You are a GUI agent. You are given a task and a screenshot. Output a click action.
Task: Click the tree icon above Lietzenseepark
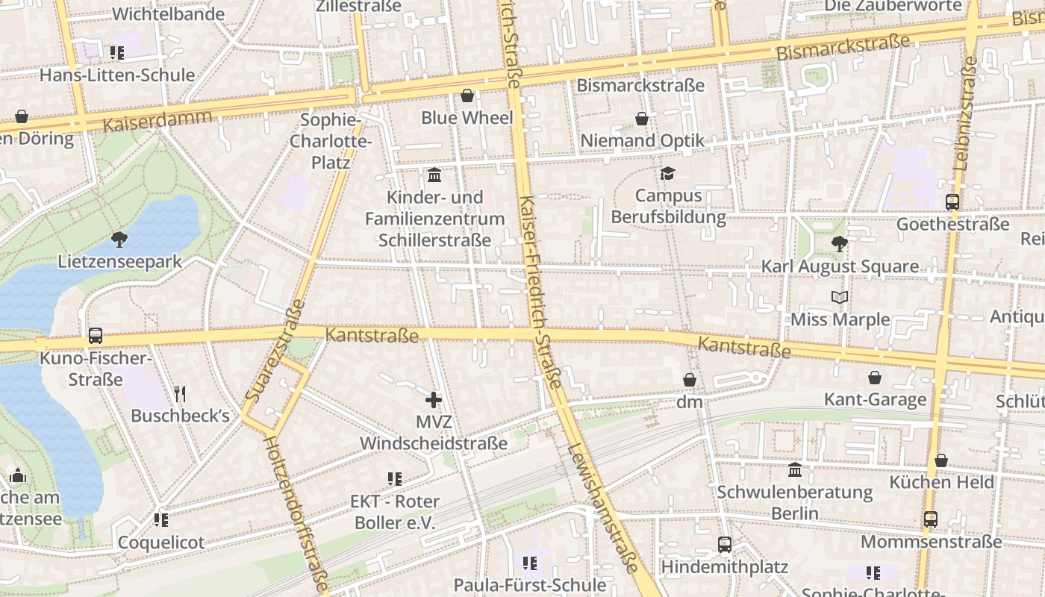tap(119, 240)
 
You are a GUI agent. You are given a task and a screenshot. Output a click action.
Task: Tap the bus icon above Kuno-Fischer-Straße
tap(96, 336)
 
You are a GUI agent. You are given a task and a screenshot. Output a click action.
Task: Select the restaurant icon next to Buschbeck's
tap(179, 393)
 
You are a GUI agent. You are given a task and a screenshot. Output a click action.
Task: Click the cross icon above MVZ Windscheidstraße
tap(434, 400)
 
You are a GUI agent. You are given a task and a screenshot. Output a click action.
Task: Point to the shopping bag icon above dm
tap(690, 380)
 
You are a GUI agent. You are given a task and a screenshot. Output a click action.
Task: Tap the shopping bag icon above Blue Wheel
tap(467, 96)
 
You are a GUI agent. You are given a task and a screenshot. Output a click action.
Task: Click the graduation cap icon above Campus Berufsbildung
tap(667, 173)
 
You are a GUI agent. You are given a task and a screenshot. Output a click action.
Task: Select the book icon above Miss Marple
tap(840, 297)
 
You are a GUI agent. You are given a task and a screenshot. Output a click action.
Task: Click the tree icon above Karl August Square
tap(840, 243)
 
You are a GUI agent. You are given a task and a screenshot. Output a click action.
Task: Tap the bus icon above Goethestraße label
tap(952, 201)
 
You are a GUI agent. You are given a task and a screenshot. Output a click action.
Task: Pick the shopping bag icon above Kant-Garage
tap(875, 378)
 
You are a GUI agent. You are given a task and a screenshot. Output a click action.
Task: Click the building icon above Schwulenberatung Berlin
tap(795, 470)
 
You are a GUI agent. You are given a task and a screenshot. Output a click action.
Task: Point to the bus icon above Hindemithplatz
tap(724, 545)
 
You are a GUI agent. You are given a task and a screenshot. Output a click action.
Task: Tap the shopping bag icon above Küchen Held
tap(941, 460)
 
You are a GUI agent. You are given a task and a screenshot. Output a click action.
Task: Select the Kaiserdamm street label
tap(157, 120)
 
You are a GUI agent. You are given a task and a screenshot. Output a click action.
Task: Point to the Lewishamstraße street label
tap(602, 507)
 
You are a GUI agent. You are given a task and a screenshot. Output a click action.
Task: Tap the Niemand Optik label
tap(643, 140)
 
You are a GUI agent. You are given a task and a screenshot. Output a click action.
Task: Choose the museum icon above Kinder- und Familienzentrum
tap(434, 175)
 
